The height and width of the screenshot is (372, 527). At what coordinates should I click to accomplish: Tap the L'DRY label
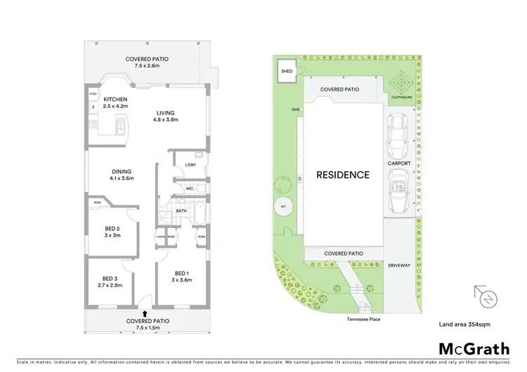190,166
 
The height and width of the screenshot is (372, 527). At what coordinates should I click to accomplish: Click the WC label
190,188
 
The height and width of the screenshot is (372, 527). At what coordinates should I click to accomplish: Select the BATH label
181,210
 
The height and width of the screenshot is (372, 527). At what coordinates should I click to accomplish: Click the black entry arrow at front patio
145,314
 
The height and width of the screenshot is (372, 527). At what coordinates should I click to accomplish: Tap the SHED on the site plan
287,71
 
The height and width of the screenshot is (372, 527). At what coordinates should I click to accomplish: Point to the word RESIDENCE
341,175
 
